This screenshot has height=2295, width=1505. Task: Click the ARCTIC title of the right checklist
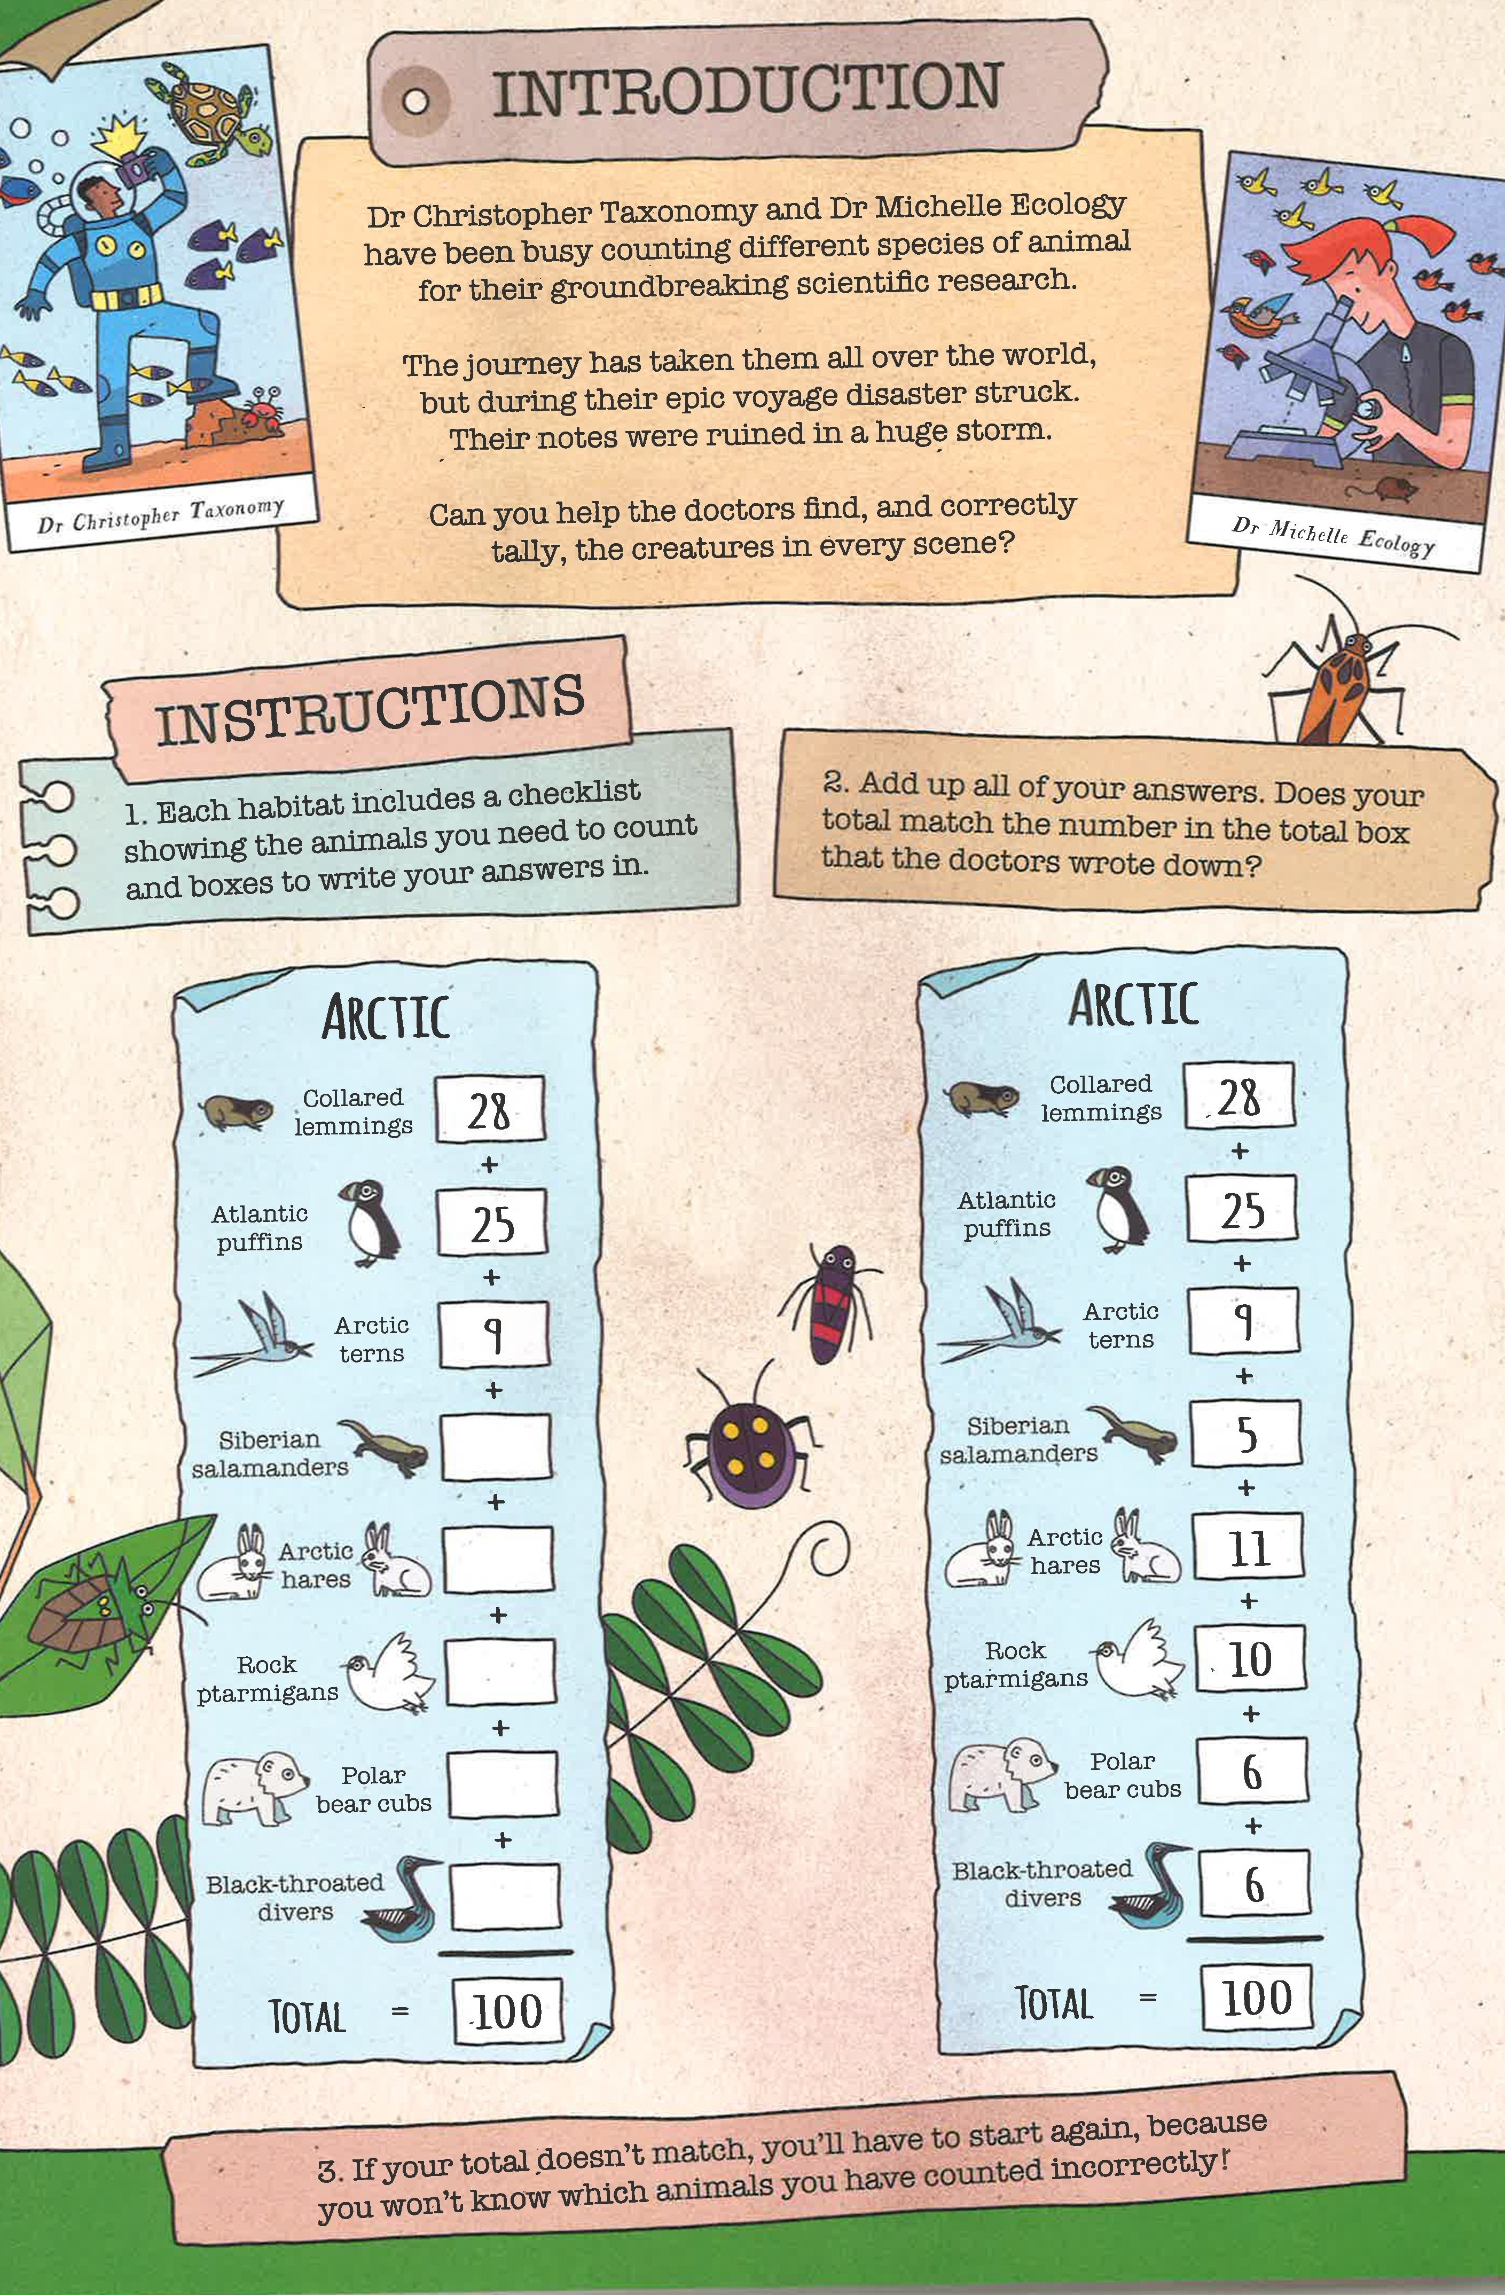pos(1134,1004)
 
